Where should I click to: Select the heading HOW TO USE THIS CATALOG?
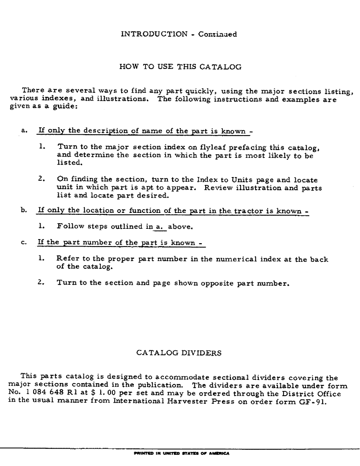(x=180, y=67)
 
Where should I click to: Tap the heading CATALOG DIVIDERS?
(x=179, y=353)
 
